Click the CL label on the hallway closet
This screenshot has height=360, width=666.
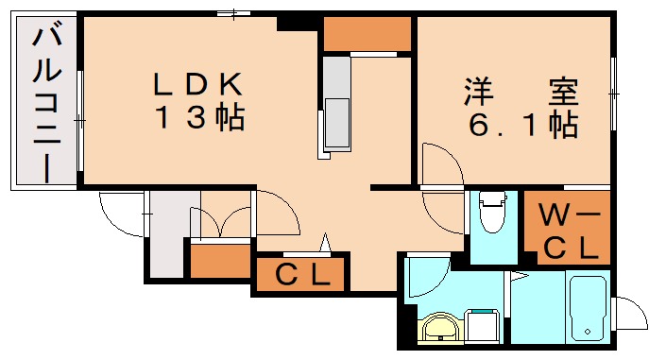(302, 275)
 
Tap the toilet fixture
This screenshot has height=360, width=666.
(491, 215)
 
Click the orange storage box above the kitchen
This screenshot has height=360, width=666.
(367, 35)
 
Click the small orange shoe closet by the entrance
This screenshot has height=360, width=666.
(220, 259)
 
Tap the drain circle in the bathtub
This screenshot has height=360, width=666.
(588, 332)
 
